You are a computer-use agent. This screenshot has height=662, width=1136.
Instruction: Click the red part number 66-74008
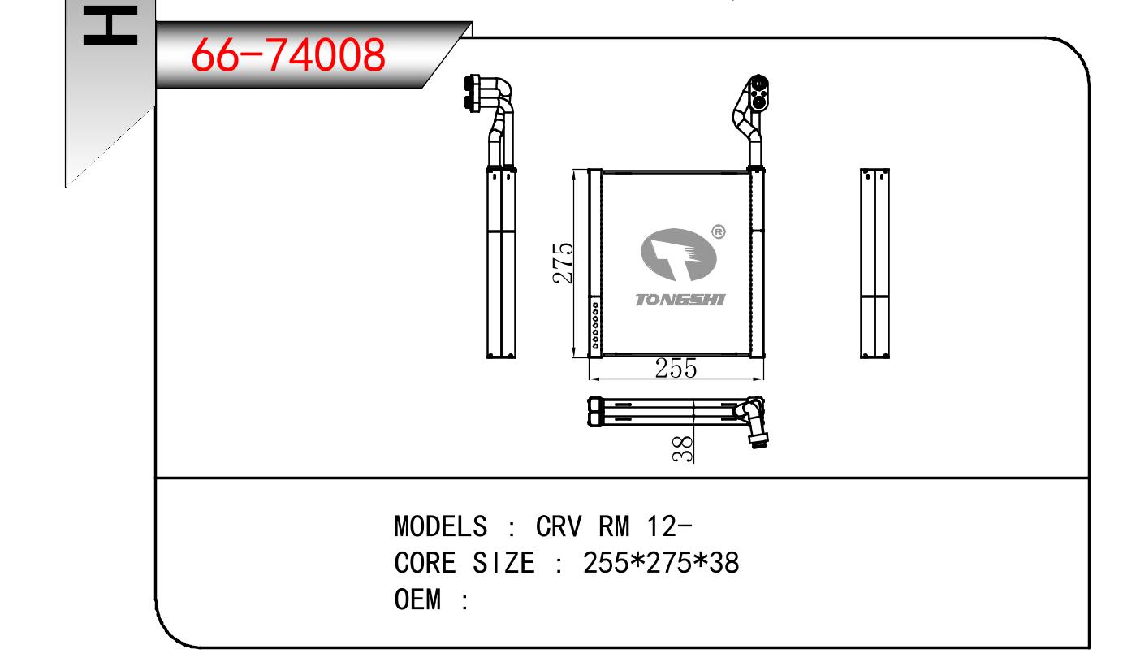288,54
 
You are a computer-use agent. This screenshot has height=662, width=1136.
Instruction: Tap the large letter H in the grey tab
110,25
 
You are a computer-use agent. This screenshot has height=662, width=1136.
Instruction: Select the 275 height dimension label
564,263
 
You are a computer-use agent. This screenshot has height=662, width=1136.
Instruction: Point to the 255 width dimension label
676,368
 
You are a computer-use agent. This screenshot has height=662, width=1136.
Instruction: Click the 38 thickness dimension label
683,449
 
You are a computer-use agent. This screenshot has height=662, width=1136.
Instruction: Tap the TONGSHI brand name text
680,300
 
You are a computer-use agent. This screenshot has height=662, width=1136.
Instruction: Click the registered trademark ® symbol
719,231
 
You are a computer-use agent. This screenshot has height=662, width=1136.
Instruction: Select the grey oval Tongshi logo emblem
679,255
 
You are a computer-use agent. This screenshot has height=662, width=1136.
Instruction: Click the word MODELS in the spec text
440,526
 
